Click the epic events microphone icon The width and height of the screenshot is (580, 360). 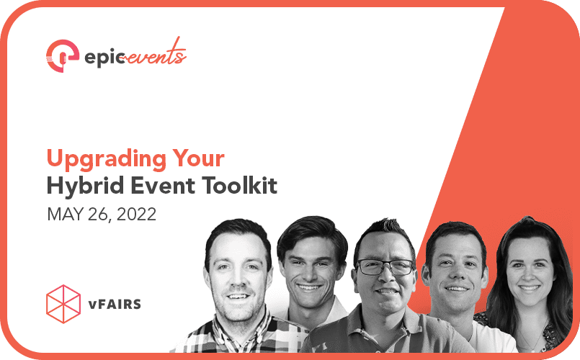click(62, 55)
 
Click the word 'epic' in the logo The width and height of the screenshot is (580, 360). click(97, 55)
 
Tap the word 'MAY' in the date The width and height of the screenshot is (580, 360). click(63, 214)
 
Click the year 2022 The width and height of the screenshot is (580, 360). click(136, 214)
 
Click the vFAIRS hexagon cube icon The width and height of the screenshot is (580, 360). click(63, 303)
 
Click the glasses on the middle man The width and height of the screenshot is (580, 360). click(385, 267)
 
